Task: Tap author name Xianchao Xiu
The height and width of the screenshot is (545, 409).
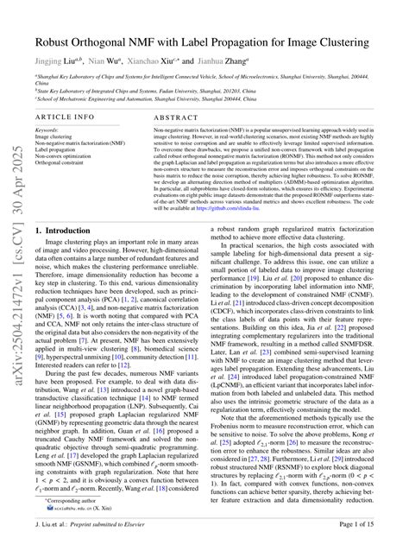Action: click(150, 63)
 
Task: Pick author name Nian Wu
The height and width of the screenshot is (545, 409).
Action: click(106, 63)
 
